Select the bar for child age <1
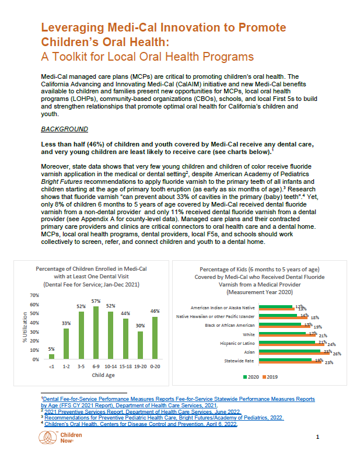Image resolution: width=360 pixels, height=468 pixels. pos(51,356)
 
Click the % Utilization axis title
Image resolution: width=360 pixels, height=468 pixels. pos(25,330)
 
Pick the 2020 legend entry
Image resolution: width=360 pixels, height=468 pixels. pos(252,376)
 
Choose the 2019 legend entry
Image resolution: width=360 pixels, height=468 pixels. pos(272,376)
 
